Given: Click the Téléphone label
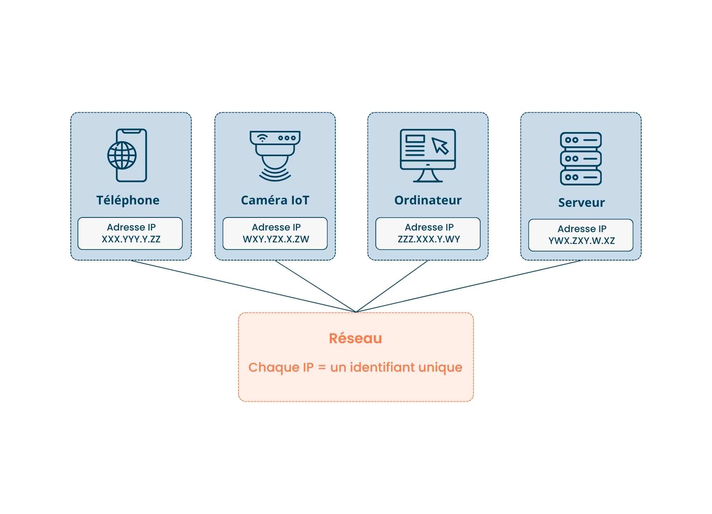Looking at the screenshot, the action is click(x=128, y=200).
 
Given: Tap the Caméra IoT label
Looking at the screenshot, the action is click(x=275, y=200).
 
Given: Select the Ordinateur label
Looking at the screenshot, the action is click(x=428, y=200).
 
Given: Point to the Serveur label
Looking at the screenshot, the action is click(x=581, y=202).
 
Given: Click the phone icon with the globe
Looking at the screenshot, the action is click(x=127, y=155).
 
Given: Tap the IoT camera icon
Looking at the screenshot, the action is click(x=275, y=156).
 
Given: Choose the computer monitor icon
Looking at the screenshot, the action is click(x=428, y=155).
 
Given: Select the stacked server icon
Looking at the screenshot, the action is click(x=581, y=159).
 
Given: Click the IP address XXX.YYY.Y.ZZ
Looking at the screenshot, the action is click(x=131, y=239).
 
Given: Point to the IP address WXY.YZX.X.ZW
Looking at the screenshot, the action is click(x=276, y=239).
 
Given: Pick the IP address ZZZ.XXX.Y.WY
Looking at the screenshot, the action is click(x=429, y=239).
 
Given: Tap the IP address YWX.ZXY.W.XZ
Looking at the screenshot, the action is click(x=581, y=241).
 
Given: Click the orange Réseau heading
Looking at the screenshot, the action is click(x=355, y=338).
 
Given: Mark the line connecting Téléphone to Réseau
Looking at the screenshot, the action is click(x=243, y=286).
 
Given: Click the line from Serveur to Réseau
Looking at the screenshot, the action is click(x=468, y=286).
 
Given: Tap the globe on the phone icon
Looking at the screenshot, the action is click(x=122, y=155).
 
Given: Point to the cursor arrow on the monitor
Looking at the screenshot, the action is click(x=440, y=146).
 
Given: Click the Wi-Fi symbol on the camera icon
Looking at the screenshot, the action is click(x=262, y=138).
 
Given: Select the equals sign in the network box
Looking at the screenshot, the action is click(x=322, y=368).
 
